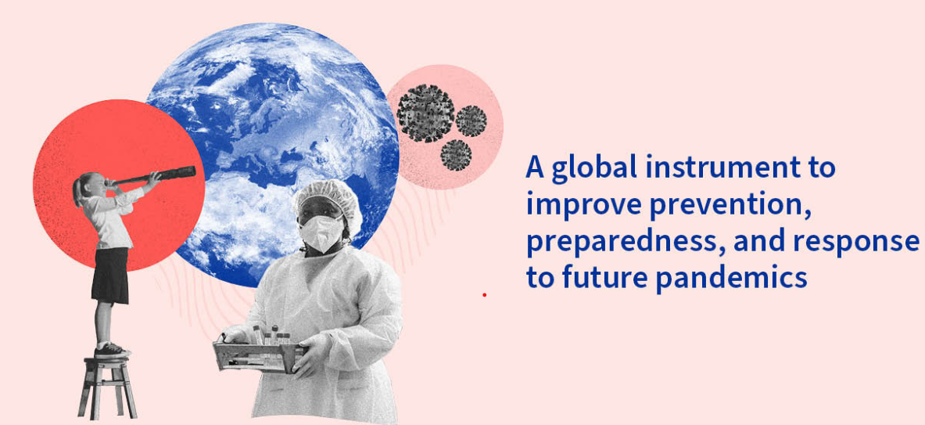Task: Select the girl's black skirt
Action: coord(110,276)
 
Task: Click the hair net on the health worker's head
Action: coord(328,200)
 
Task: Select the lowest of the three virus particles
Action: coord(456,155)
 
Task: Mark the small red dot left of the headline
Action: coord(484,294)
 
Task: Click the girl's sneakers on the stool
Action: coord(110,348)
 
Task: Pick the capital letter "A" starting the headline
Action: coord(535,167)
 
